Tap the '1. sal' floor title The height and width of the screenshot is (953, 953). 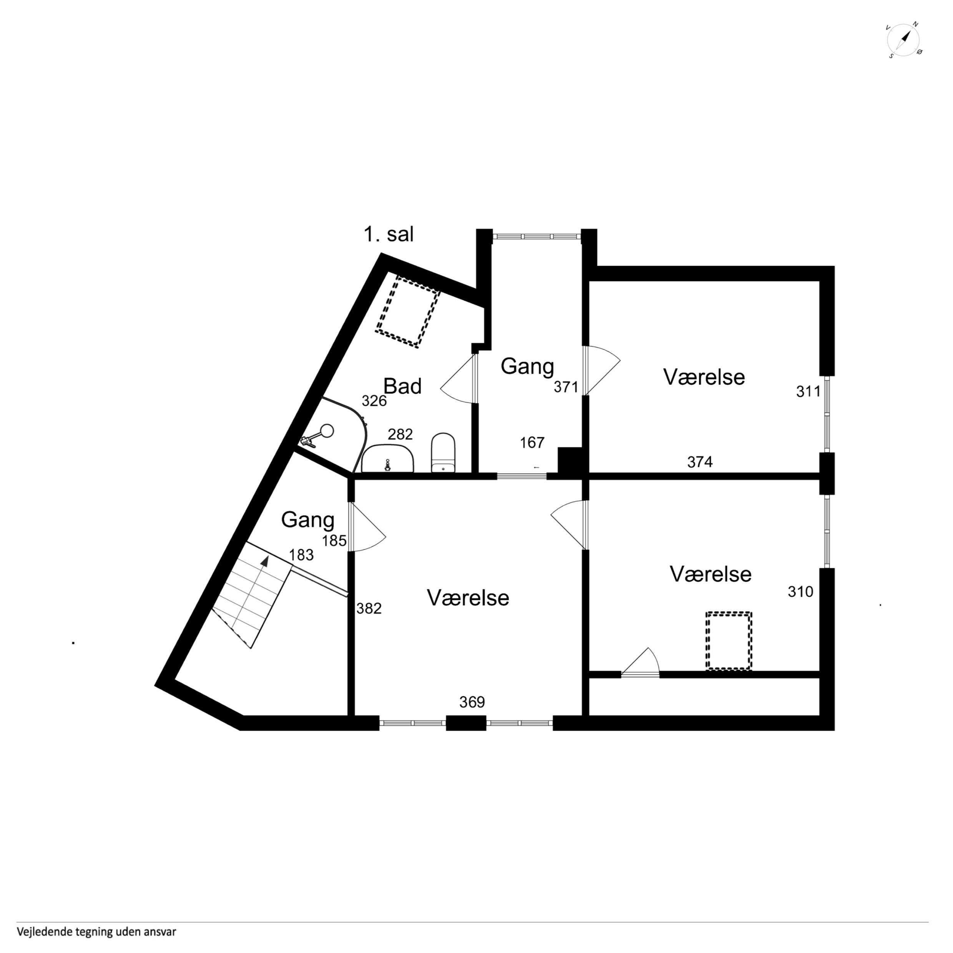[389, 234]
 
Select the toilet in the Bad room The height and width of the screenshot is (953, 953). [443, 453]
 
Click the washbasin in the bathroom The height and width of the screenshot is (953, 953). [388, 458]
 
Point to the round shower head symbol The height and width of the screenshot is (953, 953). [327, 431]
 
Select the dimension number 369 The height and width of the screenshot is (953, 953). [472, 702]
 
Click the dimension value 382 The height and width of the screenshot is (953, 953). [369, 609]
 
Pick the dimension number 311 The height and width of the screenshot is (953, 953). [809, 391]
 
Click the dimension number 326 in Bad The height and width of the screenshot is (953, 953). [374, 401]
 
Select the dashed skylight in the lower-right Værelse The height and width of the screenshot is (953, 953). [729, 641]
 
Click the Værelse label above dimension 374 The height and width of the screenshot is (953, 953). [704, 377]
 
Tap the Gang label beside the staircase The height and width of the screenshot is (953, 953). [308, 520]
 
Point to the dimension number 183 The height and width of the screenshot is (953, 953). [301, 555]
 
